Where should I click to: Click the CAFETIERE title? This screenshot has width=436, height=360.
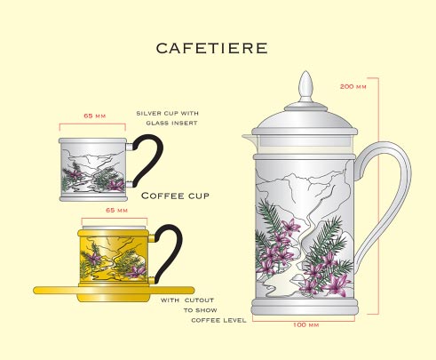pos(211,48)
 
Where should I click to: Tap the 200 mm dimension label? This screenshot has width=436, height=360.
pos(353,86)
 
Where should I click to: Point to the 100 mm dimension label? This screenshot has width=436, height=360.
pos(306,325)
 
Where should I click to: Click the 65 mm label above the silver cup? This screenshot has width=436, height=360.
pos(95,116)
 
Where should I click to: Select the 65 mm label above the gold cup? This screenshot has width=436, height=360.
pos(116,210)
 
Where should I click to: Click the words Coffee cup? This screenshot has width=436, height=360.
pos(175,196)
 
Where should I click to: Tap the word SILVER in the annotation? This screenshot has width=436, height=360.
pos(148,113)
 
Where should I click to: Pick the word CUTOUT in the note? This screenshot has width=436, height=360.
pos(199,300)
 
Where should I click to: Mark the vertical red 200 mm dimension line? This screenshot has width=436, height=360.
pos(378,196)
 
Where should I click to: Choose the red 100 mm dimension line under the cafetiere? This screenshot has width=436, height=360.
pos(304,321)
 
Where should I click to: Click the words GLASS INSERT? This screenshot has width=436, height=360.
pos(171,123)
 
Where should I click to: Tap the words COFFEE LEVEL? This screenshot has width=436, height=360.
pos(218,320)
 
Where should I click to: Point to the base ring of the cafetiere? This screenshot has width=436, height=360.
pos(305,307)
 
